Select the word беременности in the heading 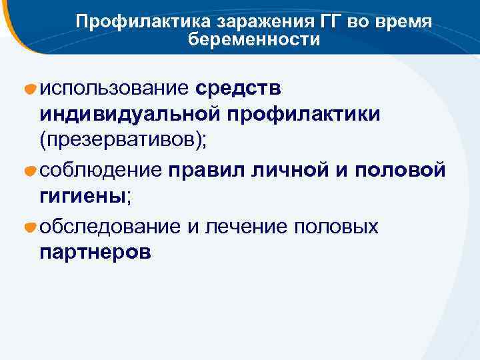click(x=254, y=40)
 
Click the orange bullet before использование click(x=30, y=89)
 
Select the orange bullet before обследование click(x=30, y=227)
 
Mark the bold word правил click(x=207, y=171)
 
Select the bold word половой click(x=399, y=171)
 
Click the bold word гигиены click(x=83, y=198)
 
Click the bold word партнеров click(x=95, y=254)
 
